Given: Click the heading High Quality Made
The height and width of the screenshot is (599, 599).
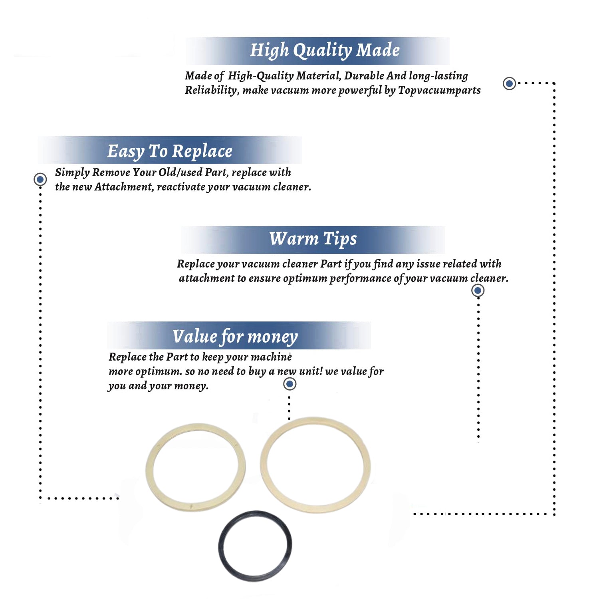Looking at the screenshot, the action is tap(325, 50).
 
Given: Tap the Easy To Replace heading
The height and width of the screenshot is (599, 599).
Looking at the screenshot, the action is tap(170, 151).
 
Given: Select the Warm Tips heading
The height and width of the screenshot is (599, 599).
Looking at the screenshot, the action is tap(313, 239).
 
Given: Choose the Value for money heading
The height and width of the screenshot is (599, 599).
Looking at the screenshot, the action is tap(235, 336).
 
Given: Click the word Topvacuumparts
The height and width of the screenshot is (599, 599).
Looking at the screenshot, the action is tap(439, 90).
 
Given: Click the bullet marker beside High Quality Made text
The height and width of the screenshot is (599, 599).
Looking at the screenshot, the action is tap(509, 83).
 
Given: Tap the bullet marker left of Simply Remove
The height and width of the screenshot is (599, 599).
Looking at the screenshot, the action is tap(40, 179).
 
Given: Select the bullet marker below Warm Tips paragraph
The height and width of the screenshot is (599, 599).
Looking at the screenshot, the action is tap(478, 290).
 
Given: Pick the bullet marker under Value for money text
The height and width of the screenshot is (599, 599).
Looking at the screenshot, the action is tap(290, 384).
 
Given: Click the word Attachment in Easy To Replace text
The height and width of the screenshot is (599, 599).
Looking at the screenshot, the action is tap(124, 187).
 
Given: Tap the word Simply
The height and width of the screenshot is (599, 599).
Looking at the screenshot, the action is tap(72, 173).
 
